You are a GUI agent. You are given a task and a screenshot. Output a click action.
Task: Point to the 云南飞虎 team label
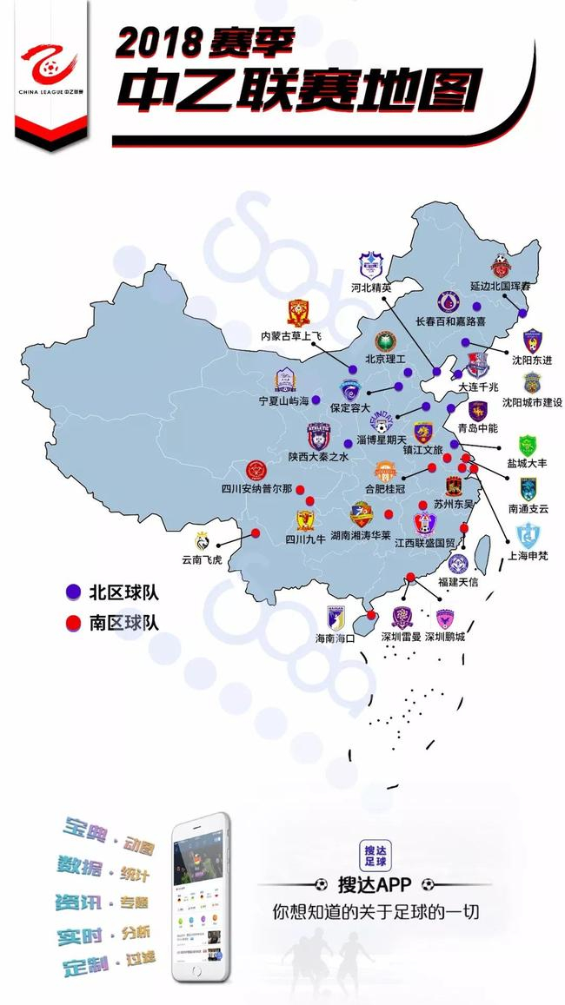click(202, 560)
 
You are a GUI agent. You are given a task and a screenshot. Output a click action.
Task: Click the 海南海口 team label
click(335, 638)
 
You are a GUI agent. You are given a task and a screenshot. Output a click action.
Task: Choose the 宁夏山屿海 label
click(284, 402)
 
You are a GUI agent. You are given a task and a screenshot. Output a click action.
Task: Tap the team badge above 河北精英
click(372, 264)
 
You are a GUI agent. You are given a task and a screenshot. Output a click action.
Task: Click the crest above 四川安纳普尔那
click(256, 472)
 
